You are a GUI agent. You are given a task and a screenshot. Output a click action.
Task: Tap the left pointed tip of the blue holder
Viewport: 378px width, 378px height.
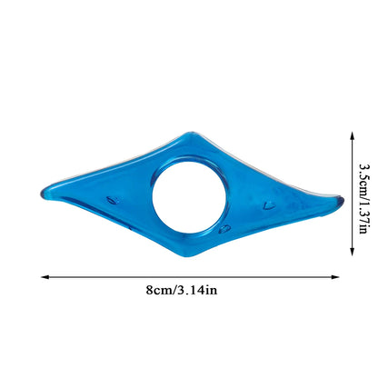click(41, 194)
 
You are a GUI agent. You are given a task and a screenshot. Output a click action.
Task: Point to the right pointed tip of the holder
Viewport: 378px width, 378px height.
click(343, 200)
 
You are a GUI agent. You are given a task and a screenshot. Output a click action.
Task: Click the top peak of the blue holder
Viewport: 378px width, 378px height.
click(191, 133)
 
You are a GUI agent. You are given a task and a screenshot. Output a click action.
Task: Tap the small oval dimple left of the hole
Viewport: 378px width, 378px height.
click(113, 200)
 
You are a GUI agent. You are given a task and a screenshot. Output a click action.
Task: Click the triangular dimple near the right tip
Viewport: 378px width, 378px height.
click(269, 204)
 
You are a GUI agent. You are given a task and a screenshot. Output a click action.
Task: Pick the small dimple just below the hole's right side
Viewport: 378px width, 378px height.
click(224, 229)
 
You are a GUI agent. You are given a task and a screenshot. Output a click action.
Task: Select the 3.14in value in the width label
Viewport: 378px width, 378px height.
click(197, 290)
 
